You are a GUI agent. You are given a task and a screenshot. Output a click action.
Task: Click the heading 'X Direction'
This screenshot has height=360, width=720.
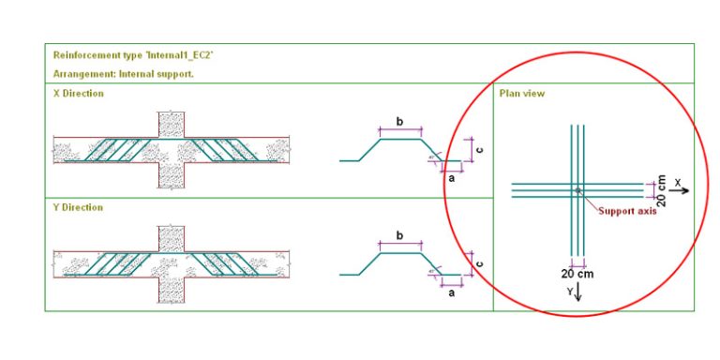pos(79,94)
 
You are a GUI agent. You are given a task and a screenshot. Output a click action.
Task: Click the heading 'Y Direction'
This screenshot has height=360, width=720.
pos(79,207)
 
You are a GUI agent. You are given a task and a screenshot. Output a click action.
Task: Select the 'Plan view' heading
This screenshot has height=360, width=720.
pos(521,94)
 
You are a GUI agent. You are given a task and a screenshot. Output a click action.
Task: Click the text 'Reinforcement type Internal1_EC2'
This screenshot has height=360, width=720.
pos(133,55)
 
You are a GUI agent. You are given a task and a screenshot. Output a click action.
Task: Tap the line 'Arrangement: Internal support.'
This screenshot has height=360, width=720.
pos(124,73)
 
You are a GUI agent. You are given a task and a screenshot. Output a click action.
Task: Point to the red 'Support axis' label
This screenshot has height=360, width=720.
pos(627,211)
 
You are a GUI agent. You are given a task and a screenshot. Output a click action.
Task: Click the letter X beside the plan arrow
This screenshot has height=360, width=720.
pos(677,181)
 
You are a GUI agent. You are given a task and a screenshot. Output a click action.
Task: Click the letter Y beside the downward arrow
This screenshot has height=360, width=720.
pos(568,292)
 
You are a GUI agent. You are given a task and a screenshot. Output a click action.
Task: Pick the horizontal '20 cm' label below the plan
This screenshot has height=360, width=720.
pos(577,274)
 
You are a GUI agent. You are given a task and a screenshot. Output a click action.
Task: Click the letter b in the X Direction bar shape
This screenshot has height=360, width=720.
pos(400,121)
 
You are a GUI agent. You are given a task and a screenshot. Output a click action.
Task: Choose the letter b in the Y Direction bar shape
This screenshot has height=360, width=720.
pos(400,236)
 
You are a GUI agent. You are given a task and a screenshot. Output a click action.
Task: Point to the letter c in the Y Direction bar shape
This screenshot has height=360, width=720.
pos(479,264)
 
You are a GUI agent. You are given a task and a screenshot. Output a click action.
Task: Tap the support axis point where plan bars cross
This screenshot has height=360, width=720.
pos(577,190)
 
